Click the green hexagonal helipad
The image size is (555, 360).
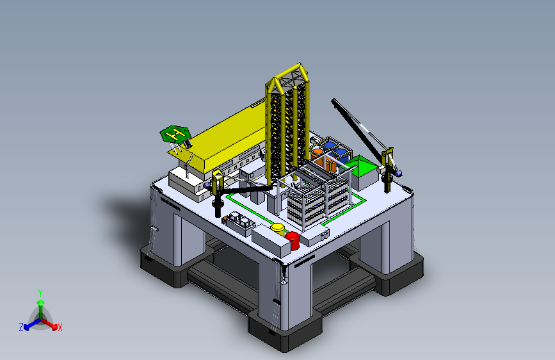pyautogui.click(x=175, y=134)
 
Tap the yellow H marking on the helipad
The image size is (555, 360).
pyautogui.click(x=175, y=134)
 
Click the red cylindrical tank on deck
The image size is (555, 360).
pyautogui.click(x=293, y=241)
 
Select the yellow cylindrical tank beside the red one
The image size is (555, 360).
pyautogui.click(x=278, y=229)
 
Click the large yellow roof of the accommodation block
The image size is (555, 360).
pyautogui.click(x=227, y=136)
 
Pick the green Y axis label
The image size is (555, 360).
pyautogui.click(x=40, y=293)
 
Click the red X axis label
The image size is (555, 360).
pyautogui.click(x=60, y=327)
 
